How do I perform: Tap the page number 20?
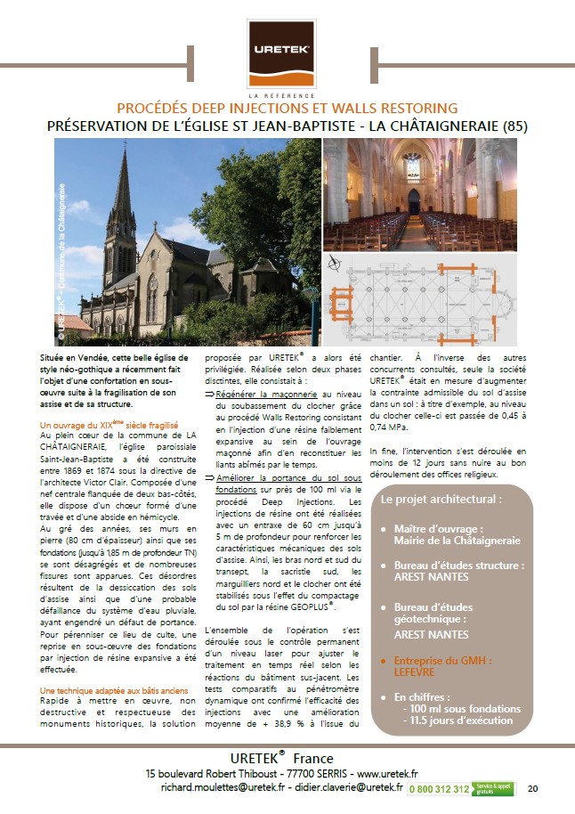(533, 788)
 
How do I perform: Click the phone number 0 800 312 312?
(441, 788)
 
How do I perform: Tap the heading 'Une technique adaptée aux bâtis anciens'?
(113, 690)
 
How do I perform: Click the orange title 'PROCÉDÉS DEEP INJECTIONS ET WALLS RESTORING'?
(287, 108)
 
